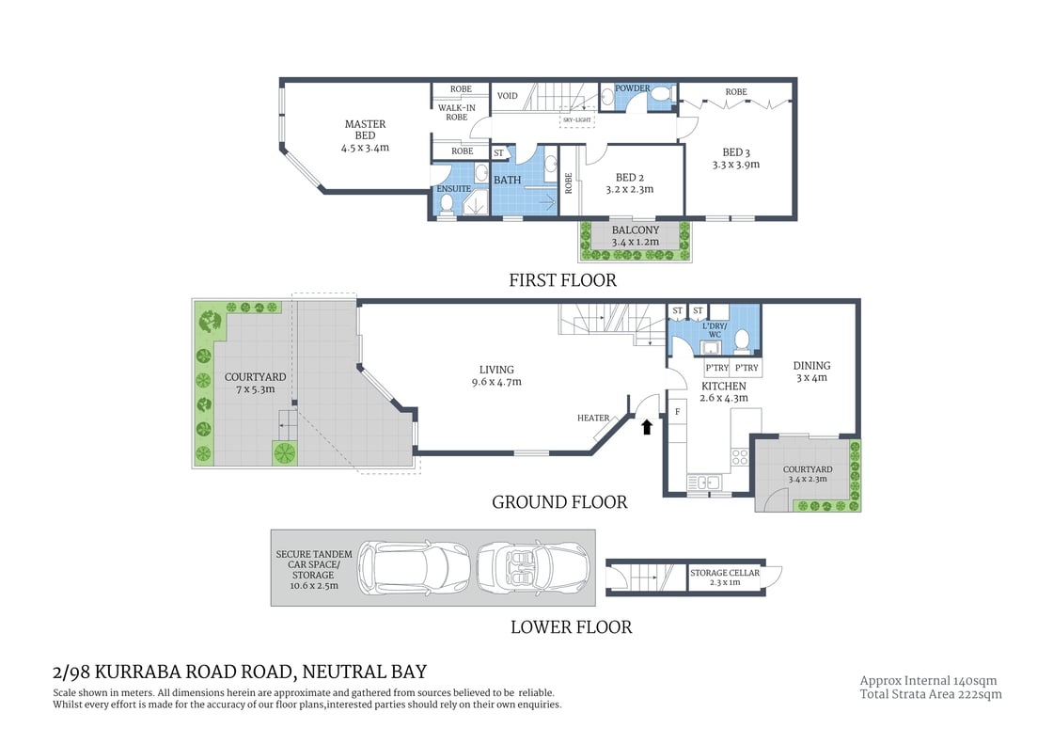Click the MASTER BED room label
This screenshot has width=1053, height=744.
coord(365,135)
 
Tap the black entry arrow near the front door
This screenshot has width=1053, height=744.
coord(646,427)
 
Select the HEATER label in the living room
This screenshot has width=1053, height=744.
coord(593,419)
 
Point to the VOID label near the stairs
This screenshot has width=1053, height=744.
coord(507,96)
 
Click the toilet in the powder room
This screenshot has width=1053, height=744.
coord(660,96)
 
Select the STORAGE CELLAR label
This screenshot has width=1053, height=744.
coord(724,573)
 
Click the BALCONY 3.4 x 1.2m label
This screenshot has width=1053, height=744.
coord(635,236)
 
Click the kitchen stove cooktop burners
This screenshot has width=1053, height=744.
coord(740,457)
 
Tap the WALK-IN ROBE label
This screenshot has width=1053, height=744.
coord(456,113)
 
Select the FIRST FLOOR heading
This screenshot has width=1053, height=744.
coord(562,280)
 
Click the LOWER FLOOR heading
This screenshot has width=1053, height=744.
coord(571,627)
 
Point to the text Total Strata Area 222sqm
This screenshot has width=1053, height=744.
coord(931,695)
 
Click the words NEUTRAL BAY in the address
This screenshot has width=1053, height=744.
coord(367,672)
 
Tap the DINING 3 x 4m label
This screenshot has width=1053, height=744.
coord(811,372)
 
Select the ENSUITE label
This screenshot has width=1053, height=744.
coord(453,189)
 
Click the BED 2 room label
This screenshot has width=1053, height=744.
coord(628,182)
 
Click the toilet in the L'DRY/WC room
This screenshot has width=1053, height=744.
coord(742,339)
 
